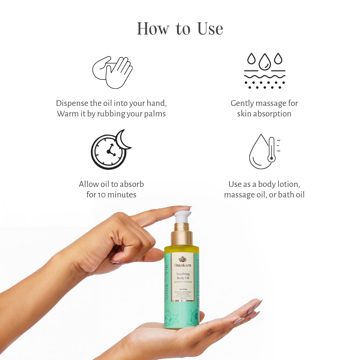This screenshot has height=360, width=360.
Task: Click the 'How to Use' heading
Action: [180, 29]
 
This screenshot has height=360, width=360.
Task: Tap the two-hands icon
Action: [112, 72]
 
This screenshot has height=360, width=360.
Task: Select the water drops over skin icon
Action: [265, 71]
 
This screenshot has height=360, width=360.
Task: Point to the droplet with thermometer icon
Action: [264, 151]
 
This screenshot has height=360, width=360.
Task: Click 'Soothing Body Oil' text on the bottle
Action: [183, 276]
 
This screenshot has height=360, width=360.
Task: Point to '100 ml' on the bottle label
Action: [183, 298]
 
